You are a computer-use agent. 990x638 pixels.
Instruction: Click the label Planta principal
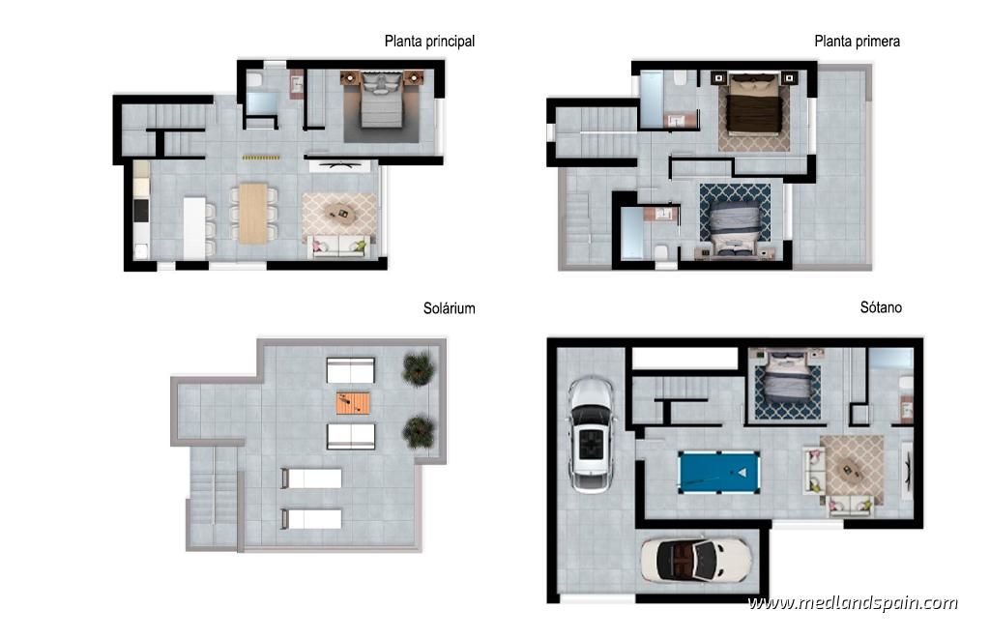tap(429, 42)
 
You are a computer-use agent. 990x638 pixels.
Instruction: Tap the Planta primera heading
tap(857, 42)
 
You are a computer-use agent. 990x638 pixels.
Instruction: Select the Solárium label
tap(449, 308)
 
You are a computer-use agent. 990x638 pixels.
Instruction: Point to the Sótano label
tap(881, 307)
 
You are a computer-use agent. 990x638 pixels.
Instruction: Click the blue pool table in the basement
tap(718, 472)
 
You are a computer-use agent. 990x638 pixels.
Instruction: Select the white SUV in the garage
tap(592, 433)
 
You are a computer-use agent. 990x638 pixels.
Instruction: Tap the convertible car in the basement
tap(696, 560)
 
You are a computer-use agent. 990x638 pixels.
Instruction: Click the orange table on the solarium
tap(353, 402)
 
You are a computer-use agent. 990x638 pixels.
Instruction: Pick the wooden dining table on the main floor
tap(253, 214)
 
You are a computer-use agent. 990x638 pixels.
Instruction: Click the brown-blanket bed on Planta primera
tap(754, 104)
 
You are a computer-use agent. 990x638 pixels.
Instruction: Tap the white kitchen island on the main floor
tap(194, 228)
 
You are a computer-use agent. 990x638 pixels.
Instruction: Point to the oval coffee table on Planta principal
tap(340, 214)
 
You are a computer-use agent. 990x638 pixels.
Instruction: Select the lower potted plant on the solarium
tap(419, 432)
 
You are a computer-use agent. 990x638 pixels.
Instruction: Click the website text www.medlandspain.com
tap(853, 602)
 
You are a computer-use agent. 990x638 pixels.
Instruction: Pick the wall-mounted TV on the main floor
tap(340, 166)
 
